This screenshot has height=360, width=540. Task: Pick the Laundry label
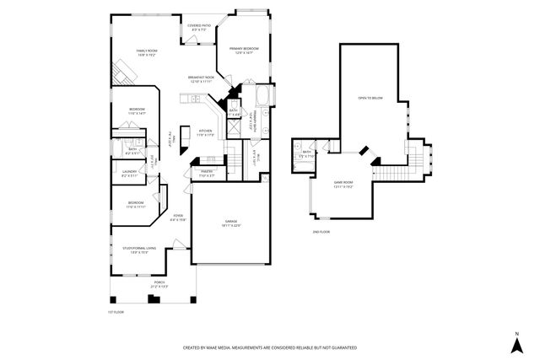129,173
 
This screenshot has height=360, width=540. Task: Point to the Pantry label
206,173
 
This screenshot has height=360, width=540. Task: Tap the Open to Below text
370,98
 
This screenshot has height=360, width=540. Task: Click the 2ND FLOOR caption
320,230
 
